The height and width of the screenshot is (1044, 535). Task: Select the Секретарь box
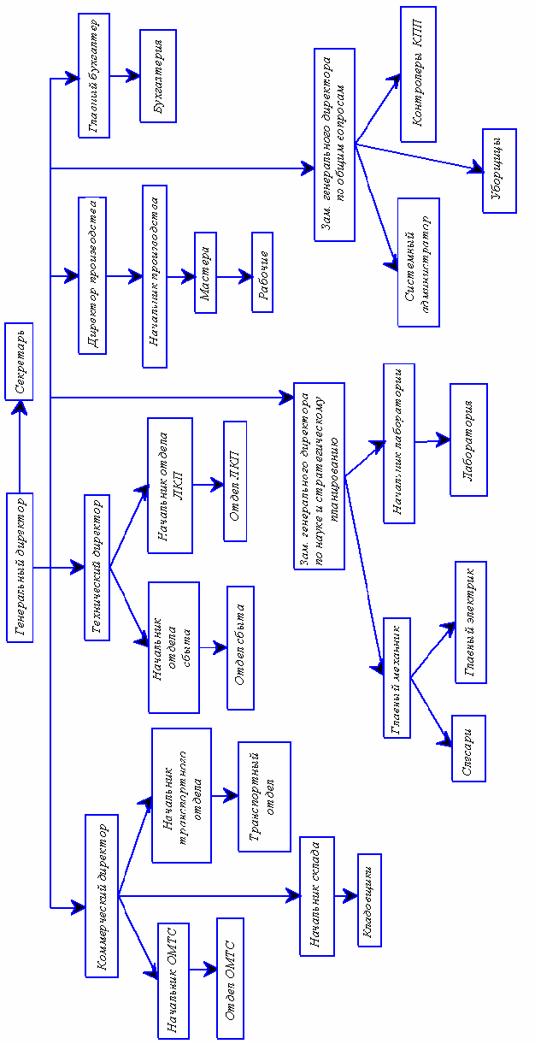[x=20, y=361]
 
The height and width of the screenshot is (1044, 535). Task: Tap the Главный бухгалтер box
[x=93, y=75]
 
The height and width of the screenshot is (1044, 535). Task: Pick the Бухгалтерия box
[x=158, y=75]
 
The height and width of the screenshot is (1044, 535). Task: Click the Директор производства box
[x=93, y=275]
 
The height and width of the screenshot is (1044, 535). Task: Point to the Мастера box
[x=205, y=273]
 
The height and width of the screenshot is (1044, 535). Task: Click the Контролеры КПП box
[x=418, y=74]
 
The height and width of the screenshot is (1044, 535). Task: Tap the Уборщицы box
[x=497, y=171]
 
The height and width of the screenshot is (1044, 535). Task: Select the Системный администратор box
[x=418, y=262]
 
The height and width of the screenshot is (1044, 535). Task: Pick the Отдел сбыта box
[x=240, y=648]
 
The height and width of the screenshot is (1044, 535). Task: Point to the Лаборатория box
[x=468, y=439]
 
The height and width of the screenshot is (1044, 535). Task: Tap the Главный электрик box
[x=470, y=622]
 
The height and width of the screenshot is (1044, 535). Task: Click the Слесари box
[x=468, y=748]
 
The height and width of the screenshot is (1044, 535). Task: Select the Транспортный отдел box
[x=264, y=796]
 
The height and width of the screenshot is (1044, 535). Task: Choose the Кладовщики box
[x=370, y=899]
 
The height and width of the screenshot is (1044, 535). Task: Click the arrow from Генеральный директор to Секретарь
[x=20, y=446]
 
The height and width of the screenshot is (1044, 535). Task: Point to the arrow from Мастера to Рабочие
[x=233, y=276]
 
